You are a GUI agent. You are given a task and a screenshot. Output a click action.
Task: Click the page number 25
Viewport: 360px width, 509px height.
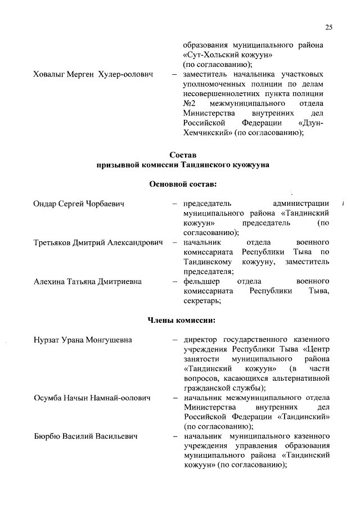point(329,28)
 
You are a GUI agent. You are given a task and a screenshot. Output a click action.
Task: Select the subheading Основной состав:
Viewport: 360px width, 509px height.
point(183,184)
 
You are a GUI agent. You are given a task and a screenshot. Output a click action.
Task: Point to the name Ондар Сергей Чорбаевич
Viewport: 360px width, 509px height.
point(79,203)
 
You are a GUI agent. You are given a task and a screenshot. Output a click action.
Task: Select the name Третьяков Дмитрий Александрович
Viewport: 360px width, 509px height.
point(98,242)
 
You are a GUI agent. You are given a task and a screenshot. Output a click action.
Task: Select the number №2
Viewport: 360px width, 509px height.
point(189,104)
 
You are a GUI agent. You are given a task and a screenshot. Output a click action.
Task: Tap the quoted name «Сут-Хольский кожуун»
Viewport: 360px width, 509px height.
point(228,55)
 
